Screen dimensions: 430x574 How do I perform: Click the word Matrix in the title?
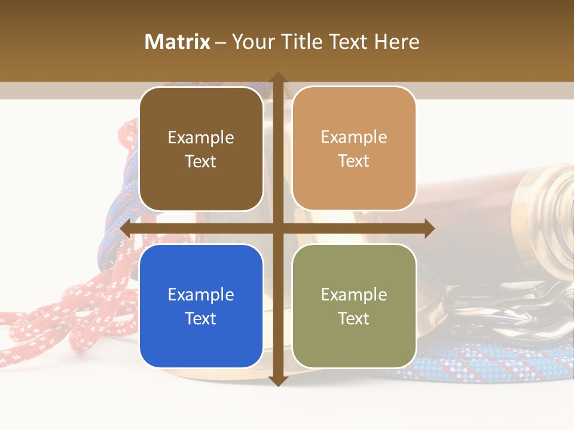pos(177,42)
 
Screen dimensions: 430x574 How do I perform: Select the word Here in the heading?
pos(396,42)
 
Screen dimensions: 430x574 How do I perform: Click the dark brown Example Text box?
pos(201,149)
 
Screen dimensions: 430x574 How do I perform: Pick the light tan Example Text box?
pos(354,149)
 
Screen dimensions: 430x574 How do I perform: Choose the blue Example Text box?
pos(201,306)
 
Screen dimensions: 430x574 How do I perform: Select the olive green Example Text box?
pos(354,306)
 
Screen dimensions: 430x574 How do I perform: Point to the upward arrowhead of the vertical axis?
pos(277,78)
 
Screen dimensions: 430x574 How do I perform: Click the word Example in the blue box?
pos(201,294)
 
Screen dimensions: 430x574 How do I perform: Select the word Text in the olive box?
pos(354,318)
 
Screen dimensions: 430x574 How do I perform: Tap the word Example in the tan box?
pos(354,137)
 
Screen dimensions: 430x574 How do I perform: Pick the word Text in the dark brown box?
pos(201,161)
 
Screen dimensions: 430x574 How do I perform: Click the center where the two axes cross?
pos(277,229)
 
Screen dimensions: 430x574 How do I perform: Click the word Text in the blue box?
pos(201,318)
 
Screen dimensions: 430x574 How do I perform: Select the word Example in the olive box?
pos(354,294)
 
